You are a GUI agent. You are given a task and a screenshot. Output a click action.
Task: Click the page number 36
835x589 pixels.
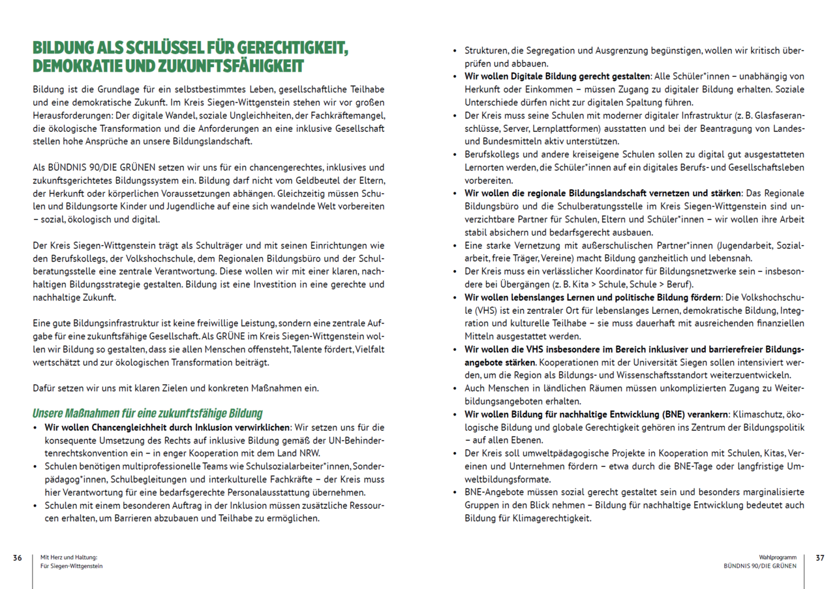tap(18, 558)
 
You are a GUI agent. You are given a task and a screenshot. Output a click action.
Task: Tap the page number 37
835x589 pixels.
tap(820, 558)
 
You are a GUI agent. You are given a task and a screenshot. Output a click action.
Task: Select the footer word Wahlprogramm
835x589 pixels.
tap(778, 558)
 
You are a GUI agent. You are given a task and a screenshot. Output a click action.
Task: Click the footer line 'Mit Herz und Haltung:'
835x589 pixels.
tap(68, 558)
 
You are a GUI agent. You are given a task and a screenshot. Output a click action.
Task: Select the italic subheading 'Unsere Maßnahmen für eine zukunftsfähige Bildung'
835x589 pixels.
tap(147, 414)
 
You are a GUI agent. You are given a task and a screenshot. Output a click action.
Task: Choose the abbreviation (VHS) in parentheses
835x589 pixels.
tap(477, 310)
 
